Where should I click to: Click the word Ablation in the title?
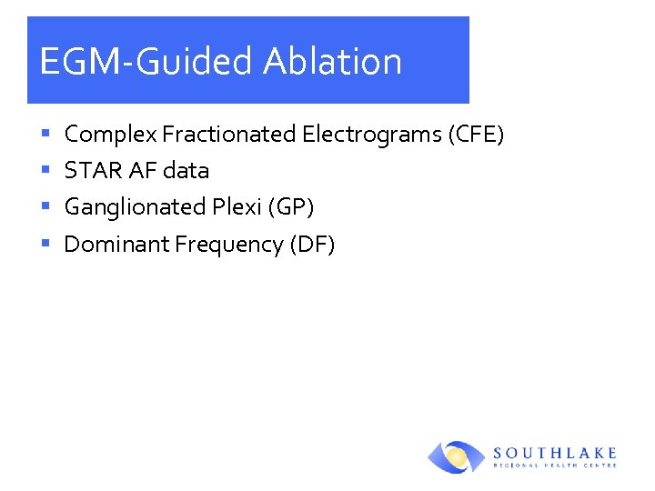332,62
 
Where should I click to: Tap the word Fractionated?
229,135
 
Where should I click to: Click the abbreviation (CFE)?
476,135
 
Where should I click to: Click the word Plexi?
235,207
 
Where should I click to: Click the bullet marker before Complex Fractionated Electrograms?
45,135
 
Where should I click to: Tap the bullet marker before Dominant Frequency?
45,245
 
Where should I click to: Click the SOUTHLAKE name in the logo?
555,452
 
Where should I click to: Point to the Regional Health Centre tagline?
555,466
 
